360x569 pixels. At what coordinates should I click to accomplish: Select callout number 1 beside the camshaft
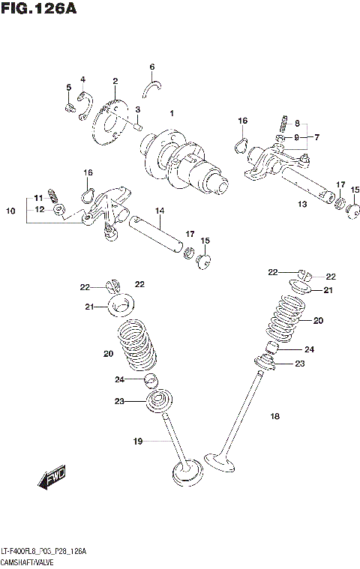click(172, 114)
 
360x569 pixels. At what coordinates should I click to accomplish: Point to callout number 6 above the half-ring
click(151, 67)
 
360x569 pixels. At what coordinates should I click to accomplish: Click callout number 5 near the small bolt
click(68, 88)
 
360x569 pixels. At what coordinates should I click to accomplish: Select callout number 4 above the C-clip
click(83, 79)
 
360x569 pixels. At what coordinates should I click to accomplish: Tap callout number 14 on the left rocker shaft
click(160, 211)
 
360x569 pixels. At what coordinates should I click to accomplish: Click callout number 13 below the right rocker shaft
click(302, 204)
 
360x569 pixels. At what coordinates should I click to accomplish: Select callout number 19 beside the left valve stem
click(137, 442)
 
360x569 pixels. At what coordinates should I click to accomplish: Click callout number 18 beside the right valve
click(274, 416)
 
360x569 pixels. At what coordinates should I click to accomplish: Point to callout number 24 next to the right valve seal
click(308, 349)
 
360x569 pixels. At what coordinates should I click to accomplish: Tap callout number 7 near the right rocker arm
click(317, 137)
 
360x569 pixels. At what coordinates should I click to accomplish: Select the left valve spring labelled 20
click(136, 344)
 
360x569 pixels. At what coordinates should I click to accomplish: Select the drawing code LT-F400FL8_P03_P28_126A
click(43, 551)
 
